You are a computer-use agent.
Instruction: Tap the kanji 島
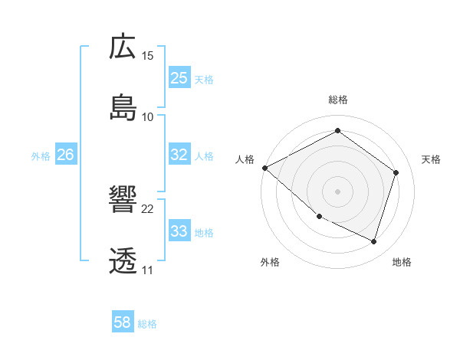(x=123, y=108)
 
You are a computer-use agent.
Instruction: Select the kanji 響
(x=123, y=201)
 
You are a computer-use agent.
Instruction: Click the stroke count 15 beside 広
(x=148, y=56)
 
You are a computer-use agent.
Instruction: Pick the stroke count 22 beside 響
(x=148, y=209)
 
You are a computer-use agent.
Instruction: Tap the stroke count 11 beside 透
(x=147, y=270)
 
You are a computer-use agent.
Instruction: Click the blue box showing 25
(x=179, y=78)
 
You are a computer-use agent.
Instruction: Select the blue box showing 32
(x=179, y=155)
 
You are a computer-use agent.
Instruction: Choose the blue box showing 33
(x=179, y=231)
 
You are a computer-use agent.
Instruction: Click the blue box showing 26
(x=65, y=155)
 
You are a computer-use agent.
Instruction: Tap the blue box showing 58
(x=123, y=323)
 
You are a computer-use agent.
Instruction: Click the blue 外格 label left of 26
(x=41, y=156)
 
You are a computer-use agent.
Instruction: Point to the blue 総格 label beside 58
(x=147, y=324)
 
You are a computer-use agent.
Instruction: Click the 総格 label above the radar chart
(x=338, y=100)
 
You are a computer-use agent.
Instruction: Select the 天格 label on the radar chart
(x=431, y=159)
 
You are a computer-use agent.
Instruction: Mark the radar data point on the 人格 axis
(x=264, y=168)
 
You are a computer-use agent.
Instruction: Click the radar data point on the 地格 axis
(x=373, y=241)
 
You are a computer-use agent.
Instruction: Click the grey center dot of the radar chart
(x=337, y=191)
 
